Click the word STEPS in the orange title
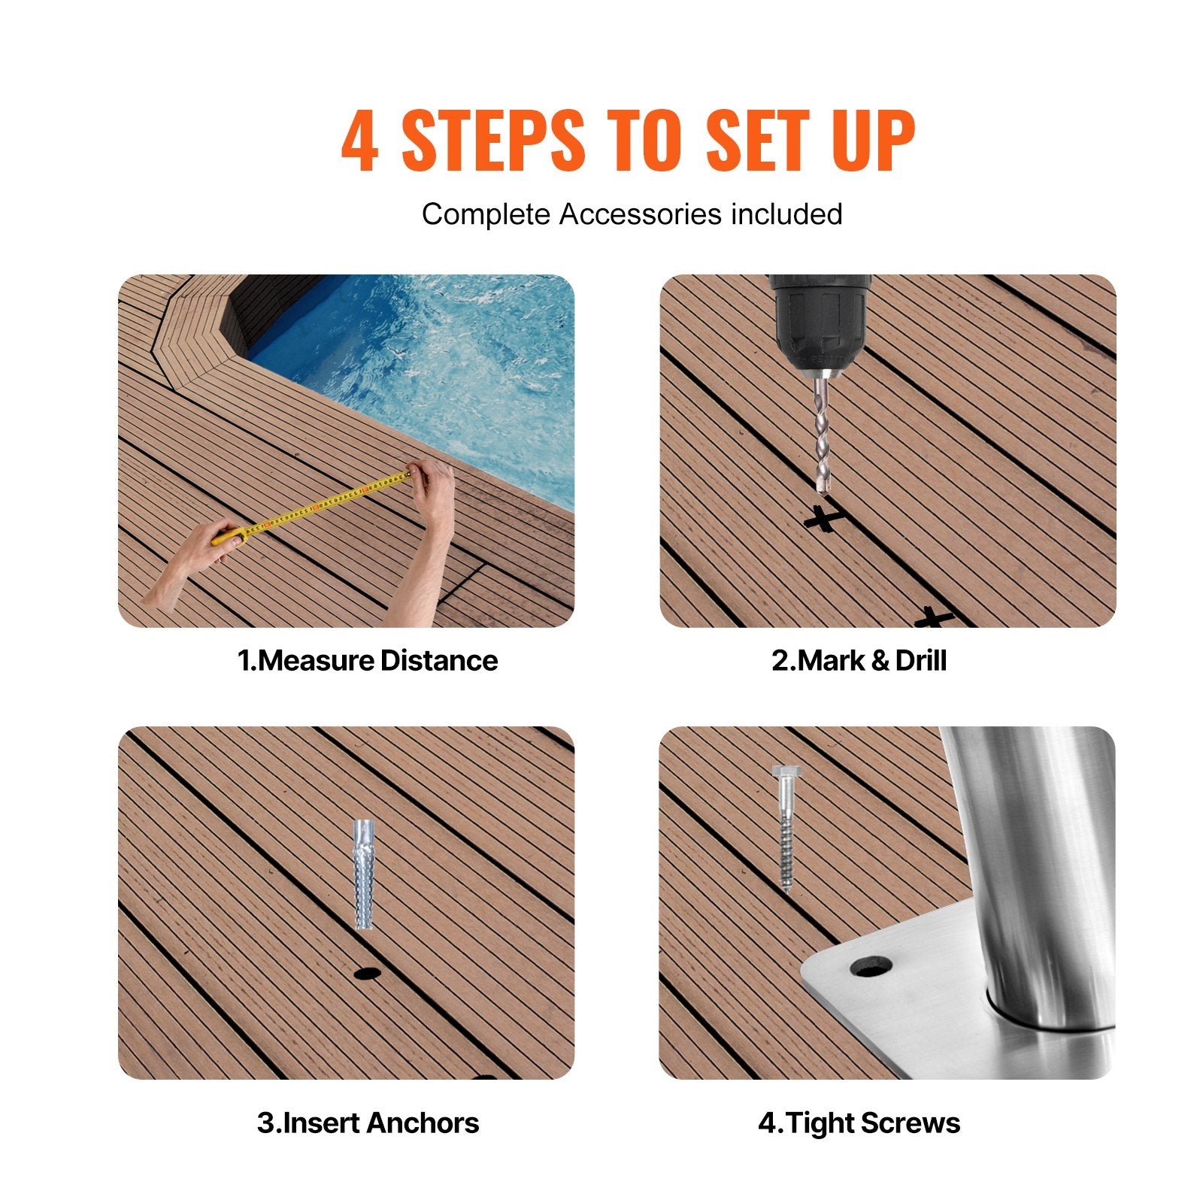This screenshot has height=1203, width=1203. [x=492, y=141]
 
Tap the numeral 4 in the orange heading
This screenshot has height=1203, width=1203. [x=359, y=141]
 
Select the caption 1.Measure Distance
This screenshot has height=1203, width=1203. [x=368, y=661]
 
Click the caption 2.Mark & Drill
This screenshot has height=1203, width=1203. [x=859, y=661]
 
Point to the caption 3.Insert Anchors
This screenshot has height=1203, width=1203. [x=368, y=1123]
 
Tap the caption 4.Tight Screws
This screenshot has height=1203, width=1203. [x=859, y=1123]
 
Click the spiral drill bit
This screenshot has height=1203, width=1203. [x=823, y=436]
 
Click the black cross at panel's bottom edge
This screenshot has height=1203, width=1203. [x=934, y=619]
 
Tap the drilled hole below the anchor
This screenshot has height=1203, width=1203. [x=367, y=973]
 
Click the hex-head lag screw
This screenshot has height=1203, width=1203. [x=785, y=827]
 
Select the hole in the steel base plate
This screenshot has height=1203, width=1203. [x=871, y=967]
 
